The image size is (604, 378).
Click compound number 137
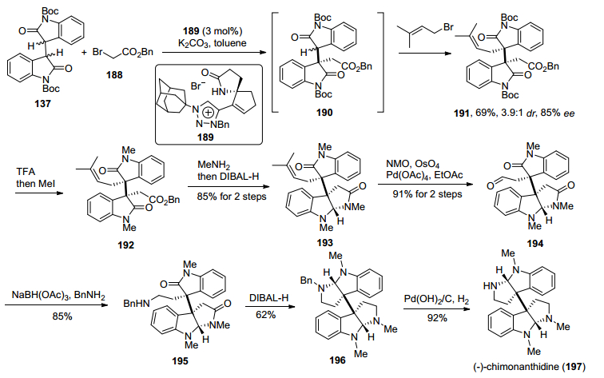point(43,103)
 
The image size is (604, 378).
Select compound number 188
point(114,74)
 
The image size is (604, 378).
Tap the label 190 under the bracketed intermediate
point(324,113)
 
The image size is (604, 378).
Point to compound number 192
point(126,245)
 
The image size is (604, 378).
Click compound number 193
point(324,242)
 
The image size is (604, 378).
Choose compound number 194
point(535,244)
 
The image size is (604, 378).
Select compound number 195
point(181,361)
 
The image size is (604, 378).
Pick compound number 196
point(337,360)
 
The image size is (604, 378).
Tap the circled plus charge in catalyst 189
point(208,113)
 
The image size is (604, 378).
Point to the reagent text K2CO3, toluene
point(213,43)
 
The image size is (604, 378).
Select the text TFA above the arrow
point(26,172)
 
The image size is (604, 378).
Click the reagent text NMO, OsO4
point(413,165)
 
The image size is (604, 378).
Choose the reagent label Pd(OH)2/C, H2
point(436,300)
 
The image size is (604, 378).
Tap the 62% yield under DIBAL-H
point(266,315)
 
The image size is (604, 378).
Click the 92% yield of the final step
point(437,318)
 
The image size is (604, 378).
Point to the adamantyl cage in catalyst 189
point(169,97)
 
